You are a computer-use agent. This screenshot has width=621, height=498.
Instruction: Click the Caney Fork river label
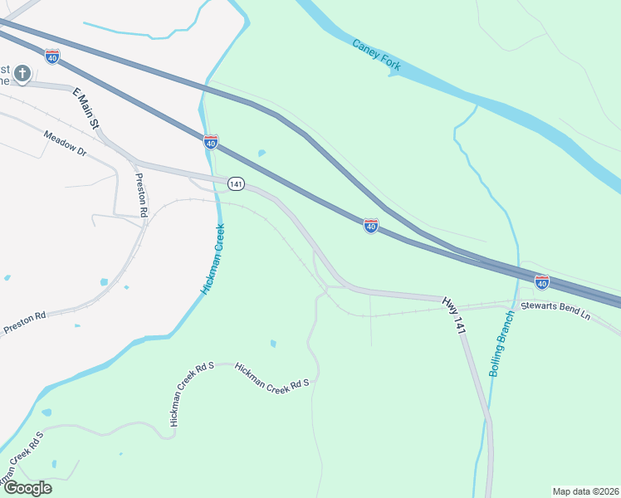[x=378, y=54]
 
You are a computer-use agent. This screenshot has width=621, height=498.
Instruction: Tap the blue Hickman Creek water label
[x=213, y=259]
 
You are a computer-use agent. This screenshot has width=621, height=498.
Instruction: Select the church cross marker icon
[x=22, y=74]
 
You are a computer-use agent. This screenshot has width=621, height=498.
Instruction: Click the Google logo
[x=27, y=488]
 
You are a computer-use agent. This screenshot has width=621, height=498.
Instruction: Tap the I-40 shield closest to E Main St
[x=52, y=56]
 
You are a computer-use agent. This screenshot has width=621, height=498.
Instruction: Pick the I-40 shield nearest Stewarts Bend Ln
[x=541, y=282]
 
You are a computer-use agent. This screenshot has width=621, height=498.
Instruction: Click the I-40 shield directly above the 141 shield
[x=211, y=142]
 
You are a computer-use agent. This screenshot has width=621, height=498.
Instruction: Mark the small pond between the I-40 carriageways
[x=262, y=154]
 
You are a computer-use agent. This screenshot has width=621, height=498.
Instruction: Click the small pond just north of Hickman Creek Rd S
[x=273, y=344]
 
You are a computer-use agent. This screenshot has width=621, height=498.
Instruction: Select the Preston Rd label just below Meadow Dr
[x=141, y=195]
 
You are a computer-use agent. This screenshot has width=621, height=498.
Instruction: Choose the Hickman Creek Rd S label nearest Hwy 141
[x=271, y=375]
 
